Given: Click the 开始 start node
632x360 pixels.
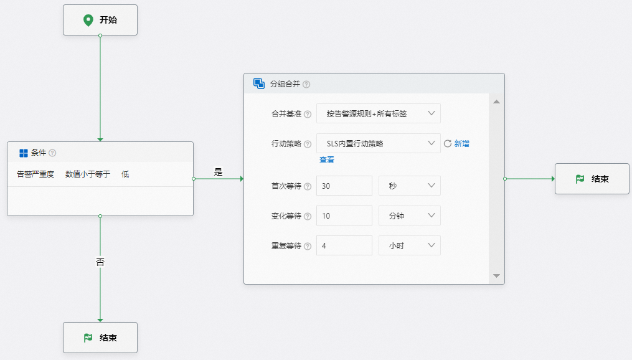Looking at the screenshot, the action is point(100,21).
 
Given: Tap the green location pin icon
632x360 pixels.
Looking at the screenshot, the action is point(88,20).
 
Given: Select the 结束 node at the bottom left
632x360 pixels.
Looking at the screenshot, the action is point(100,338).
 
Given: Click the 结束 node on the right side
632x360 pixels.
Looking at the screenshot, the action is point(592,179).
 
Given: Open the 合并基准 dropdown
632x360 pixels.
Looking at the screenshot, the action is point(378,113).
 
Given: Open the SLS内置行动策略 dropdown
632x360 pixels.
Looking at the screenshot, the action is point(378,143).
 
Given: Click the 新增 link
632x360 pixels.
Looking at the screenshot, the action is point(461,143).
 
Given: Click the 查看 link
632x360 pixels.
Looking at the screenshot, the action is point(327,160).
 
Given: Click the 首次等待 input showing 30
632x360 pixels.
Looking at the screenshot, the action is point(344,186).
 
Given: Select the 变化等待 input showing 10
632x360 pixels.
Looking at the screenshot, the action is point(344,216).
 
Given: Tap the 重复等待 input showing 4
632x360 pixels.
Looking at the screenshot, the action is point(344,245).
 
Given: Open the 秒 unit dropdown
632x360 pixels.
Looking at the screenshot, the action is point(409,186).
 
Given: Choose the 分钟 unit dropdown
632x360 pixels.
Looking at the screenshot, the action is point(409,216).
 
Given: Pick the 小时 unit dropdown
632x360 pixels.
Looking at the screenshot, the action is point(409,245).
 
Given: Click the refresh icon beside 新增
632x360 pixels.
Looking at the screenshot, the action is point(448,143).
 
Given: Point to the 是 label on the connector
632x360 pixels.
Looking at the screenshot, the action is point(218,172).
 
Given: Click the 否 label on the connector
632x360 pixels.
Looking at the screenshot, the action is point(100,263).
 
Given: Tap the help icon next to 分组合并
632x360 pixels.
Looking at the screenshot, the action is point(306,84).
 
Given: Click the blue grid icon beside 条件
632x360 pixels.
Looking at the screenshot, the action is point(24,153).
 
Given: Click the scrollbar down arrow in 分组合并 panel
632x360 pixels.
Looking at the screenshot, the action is point(496,275).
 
